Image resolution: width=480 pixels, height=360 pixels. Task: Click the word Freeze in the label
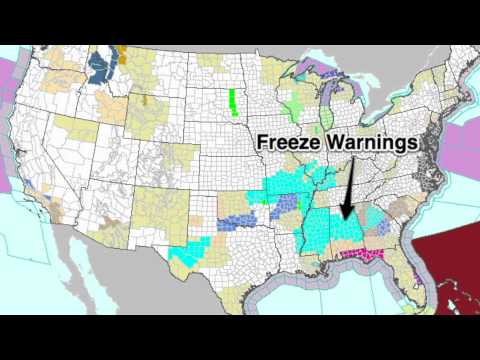286,143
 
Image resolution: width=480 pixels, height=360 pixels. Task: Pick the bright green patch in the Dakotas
233,101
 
